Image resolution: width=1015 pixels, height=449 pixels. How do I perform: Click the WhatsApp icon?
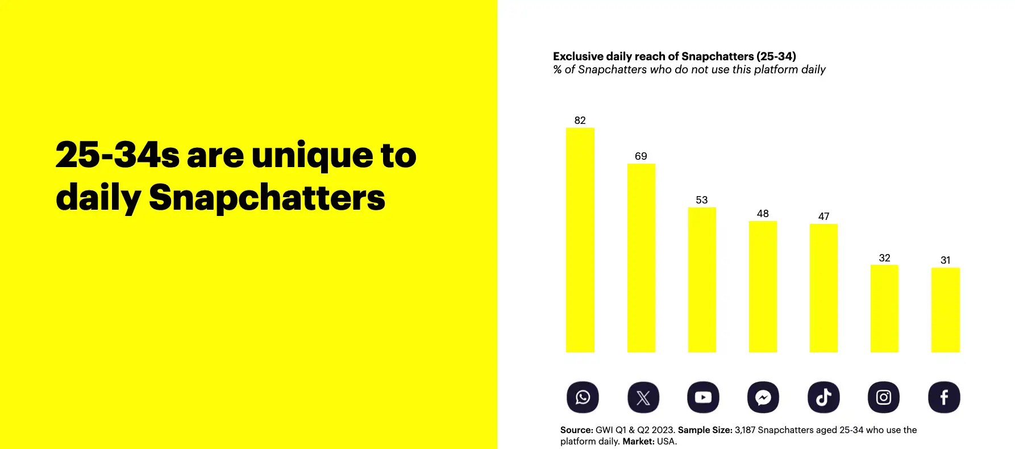pyautogui.click(x=583, y=397)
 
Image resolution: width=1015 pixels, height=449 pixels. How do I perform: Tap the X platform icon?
pyautogui.click(x=643, y=397)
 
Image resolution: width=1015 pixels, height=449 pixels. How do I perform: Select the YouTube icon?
pyautogui.click(x=703, y=397)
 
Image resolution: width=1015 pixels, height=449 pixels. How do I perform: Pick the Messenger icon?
pyautogui.click(x=763, y=397)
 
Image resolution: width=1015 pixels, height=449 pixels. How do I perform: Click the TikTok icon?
pyautogui.click(x=823, y=397)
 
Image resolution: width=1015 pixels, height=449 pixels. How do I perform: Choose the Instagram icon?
pyautogui.click(x=884, y=397)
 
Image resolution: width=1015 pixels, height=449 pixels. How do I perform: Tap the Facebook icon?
pyautogui.click(x=944, y=397)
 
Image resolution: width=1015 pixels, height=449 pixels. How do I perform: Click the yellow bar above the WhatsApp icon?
pyautogui.click(x=580, y=240)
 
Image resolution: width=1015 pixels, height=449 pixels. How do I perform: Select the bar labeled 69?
pyautogui.click(x=641, y=258)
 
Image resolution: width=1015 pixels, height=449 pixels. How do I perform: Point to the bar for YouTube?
pyautogui.click(x=702, y=280)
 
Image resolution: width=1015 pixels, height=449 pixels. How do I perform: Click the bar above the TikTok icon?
pyautogui.click(x=823, y=288)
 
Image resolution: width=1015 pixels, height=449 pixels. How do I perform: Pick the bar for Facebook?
pyautogui.click(x=946, y=310)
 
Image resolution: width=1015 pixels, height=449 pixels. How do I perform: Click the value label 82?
pyautogui.click(x=580, y=120)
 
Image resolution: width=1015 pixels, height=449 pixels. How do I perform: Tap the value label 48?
pyautogui.click(x=763, y=214)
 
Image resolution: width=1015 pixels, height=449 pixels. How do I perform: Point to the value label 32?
pyautogui.click(x=884, y=258)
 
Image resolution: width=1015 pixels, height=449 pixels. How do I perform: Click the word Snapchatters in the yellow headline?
pyautogui.click(x=267, y=198)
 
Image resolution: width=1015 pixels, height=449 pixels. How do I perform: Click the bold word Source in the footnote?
pyautogui.click(x=577, y=430)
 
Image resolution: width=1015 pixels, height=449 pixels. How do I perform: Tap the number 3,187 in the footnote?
pyautogui.click(x=745, y=430)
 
